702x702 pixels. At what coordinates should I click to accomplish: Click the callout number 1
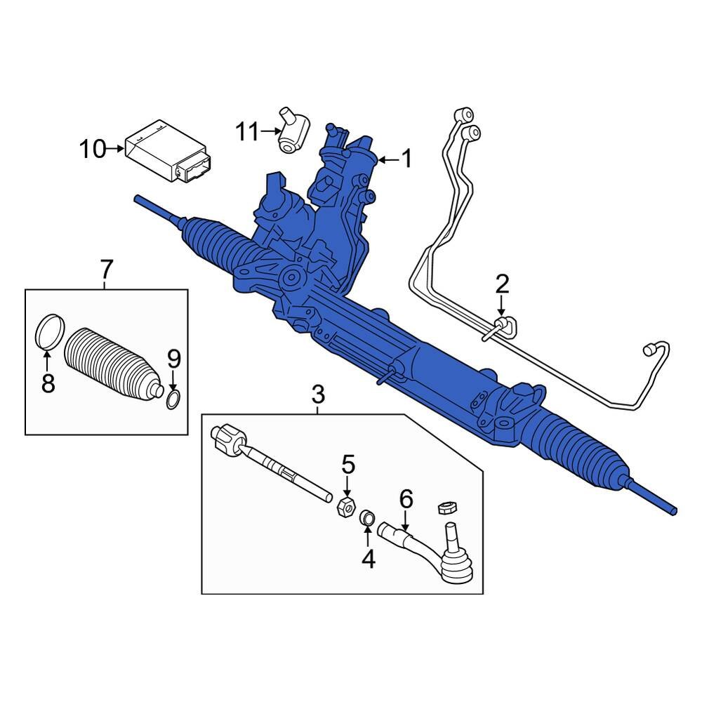pyautogui.click(x=405, y=160)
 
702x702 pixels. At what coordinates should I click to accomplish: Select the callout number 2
pyautogui.click(x=501, y=284)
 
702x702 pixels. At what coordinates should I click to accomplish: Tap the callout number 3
pyautogui.click(x=318, y=395)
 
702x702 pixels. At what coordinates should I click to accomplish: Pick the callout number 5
pyautogui.click(x=348, y=464)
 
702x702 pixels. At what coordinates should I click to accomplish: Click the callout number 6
pyautogui.click(x=406, y=499)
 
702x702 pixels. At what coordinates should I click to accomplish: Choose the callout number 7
pyautogui.click(x=105, y=268)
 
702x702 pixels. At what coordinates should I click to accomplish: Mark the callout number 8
pyautogui.click(x=48, y=383)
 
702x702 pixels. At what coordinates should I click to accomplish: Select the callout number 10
pyautogui.click(x=93, y=149)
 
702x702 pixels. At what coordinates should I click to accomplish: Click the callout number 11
pyautogui.click(x=247, y=131)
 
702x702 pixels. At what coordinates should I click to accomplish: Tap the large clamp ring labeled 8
pyautogui.click(x=50, y=331)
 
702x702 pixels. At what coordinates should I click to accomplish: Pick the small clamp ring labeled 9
pyautogui.click(x=174, y=400)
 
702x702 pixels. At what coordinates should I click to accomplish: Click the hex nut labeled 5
pyautogui.click(x=345, y=506)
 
